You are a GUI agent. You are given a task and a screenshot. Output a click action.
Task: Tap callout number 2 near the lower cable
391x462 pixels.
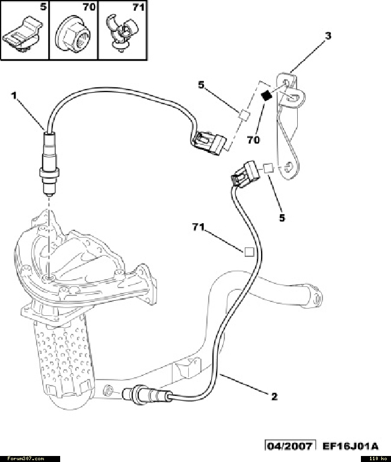[274, 396]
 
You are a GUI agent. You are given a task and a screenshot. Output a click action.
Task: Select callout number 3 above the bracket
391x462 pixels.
[327, 35]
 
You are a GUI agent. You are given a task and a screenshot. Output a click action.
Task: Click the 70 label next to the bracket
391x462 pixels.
[253, 140]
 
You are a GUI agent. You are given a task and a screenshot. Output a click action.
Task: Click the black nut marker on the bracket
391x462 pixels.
[264, 94]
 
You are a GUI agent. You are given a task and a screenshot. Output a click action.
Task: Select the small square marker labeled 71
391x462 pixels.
[248, 252]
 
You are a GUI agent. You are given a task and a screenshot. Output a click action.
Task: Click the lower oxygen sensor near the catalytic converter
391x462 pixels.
[144, 395]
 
